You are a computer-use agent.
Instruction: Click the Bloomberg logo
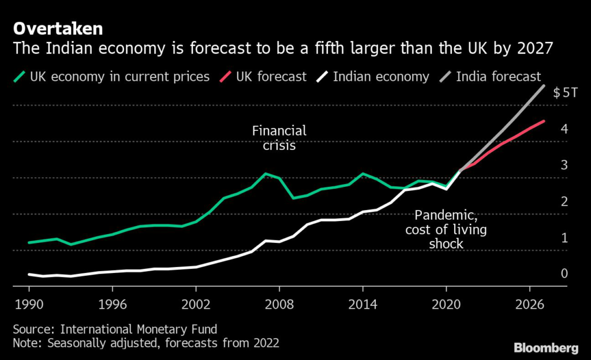tap(545, 347)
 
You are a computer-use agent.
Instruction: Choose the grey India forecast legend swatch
tap(445, 76)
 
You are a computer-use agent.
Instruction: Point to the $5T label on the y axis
tap(565, 93)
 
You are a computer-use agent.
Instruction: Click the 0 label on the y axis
tap(564, 273)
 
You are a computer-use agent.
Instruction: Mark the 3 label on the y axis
tap(564, 165)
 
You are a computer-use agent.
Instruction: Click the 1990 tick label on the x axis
tap(29, 304)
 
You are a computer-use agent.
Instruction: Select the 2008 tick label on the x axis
tap(279, 304)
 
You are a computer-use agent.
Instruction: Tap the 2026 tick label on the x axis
tap(529, 304)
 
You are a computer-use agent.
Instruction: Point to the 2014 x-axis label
tap(363, 304)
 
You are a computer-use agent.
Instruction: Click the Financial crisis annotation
tap(279, 138)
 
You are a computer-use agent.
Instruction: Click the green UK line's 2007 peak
tap(265, 173)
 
